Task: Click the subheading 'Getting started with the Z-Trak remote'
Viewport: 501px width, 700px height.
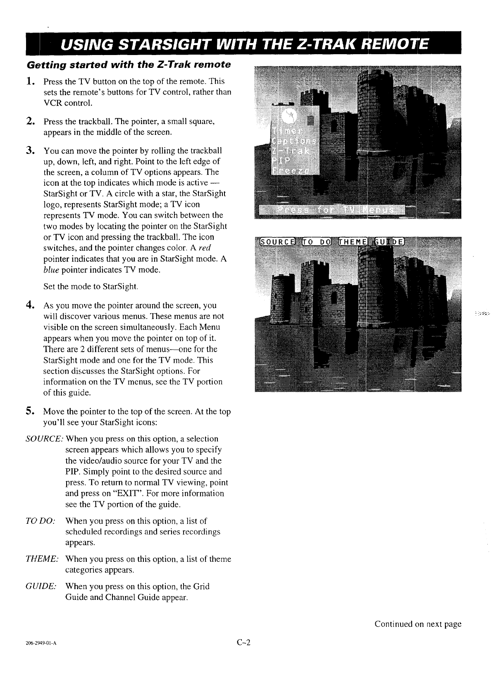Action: coord(128,65)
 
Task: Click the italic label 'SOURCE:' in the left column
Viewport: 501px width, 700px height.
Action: coord(43,439)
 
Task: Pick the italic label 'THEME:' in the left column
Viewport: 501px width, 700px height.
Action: coord(42,559)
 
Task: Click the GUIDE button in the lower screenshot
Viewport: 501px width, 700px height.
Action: coord(390,242)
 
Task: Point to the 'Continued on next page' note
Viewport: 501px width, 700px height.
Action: coord(417,624)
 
